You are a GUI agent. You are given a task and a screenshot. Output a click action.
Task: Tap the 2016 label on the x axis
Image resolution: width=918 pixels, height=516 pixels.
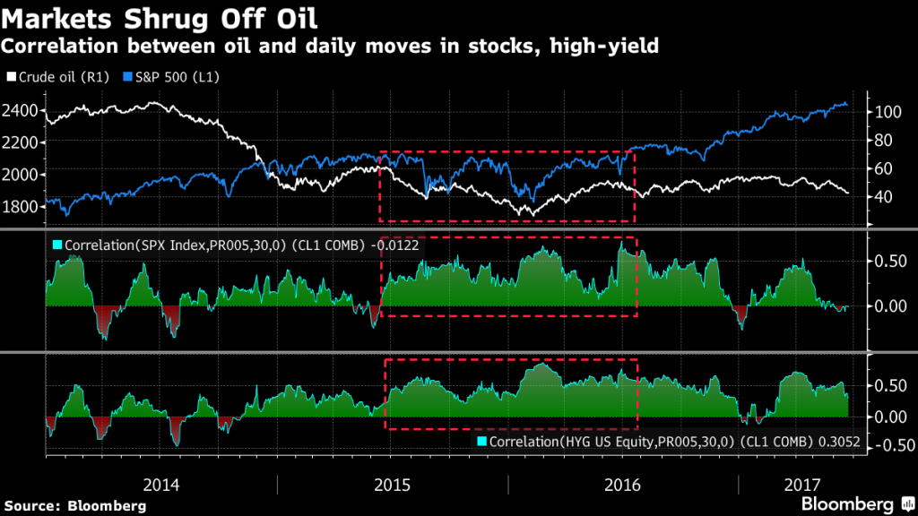[x=623, y=485]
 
